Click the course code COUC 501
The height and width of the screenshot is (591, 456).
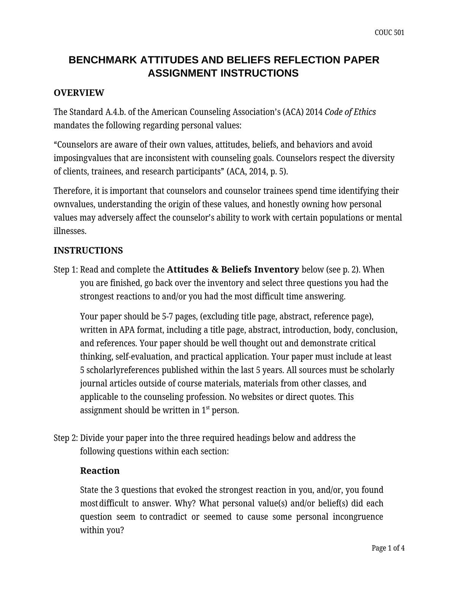click(x=389, y=33)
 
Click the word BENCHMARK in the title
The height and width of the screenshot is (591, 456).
click(x=103, y=60)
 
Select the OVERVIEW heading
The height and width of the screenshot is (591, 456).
click(x=79, y=93)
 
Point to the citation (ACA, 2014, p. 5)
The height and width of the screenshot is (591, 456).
click(x=257, y=172)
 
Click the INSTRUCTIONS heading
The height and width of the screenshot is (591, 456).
click(x=88, y=250)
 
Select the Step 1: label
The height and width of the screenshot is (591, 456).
click(x=66, y=270)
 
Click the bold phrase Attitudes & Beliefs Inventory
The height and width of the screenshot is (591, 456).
click(x=233, y=270)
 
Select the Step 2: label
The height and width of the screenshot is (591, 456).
click(x=66, y=438)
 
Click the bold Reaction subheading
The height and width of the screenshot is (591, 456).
click(x=100, y=471)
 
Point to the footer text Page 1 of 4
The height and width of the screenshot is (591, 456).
click(x=388, y=548)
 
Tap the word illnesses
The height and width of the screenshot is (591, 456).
click(x=70, y=231)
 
